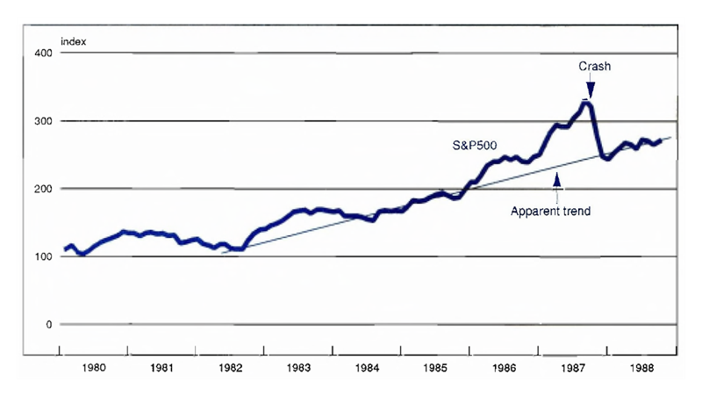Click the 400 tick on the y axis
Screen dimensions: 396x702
[x=41, y=54]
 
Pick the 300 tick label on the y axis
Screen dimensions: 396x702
[x=41, y=121]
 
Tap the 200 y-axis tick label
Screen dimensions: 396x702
[x=41, y=189]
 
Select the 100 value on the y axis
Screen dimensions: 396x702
[x=41, y=256]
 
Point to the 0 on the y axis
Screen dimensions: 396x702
[x=48, y=325]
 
